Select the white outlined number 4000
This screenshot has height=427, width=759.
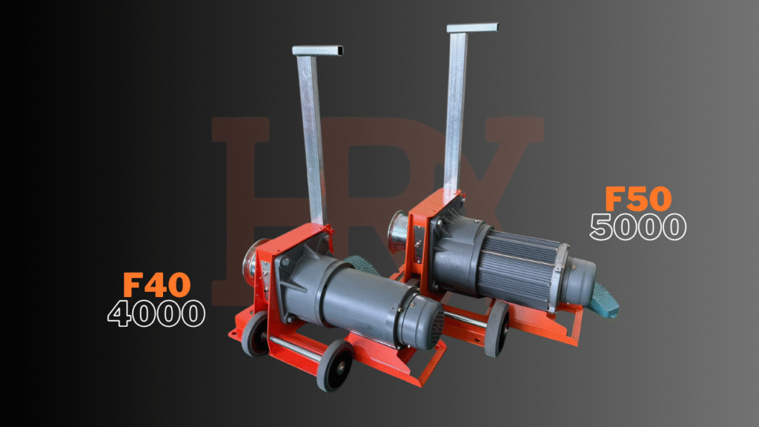click(156, 314)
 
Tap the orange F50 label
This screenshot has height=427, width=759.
click(638, 199)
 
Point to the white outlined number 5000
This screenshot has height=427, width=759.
click(638, 227)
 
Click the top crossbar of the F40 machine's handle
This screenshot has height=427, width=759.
click(317, 50)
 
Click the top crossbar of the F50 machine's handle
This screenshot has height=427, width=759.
click(472, 27)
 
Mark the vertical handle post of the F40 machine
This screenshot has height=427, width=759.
click(312, 140)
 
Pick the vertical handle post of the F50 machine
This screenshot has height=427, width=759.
click(456, 110)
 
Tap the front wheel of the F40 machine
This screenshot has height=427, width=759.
click(334, 365)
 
